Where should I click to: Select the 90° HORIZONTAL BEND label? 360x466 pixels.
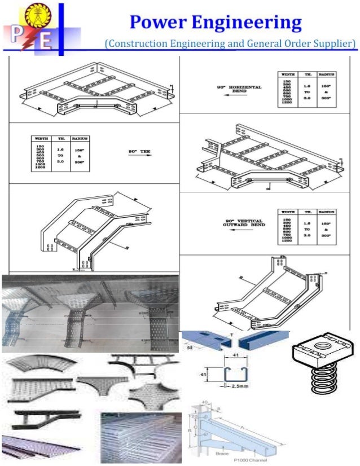239,89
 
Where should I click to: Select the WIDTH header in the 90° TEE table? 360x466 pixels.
41,138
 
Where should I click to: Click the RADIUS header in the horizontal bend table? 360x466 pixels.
327,73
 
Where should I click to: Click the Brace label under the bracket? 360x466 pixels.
222,453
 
